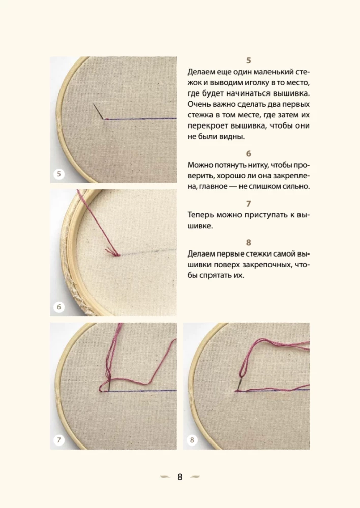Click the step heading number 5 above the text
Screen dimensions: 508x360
(x=248, y=60)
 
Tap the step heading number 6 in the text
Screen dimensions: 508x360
(x=248, y=153)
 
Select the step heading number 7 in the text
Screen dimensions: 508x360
(x=248, y=203)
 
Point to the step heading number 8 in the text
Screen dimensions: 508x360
(x=248, y=242)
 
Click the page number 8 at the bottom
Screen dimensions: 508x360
(x=180, y=477)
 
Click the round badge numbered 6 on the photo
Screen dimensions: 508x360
(x=59, y=307)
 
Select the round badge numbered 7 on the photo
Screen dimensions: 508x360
(x=59, y=440)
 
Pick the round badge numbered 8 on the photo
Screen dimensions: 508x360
(x=192, y=440)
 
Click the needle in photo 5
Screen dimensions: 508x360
(x=98, y=111)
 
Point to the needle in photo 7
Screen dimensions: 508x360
(x=109, y=386)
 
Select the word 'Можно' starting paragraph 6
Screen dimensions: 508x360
(x=200, y=165)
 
